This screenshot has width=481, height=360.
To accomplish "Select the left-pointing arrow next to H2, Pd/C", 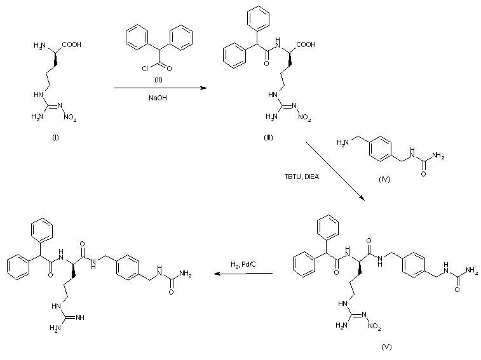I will (243, 274).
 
